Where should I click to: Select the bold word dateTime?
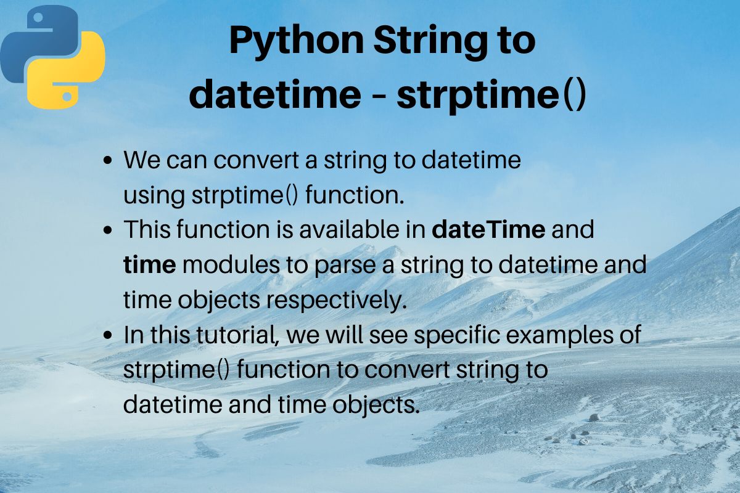[488, 230]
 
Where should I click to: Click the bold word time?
[150, 265]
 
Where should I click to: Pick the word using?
[154, 197]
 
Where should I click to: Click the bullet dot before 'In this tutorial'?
[109, 336]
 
